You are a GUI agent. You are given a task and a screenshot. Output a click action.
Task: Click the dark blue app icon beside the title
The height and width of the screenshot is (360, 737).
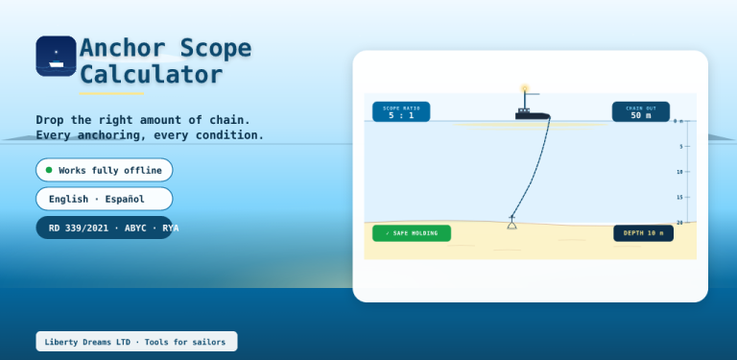pyautogui.click(x=56, y=56)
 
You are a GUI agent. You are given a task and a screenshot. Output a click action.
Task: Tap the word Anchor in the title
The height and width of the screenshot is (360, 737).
pyautogui.click(x=123, y=48)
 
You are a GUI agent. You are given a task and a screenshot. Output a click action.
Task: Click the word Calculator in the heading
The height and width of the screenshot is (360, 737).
pyautogui.click(x=151, y=75)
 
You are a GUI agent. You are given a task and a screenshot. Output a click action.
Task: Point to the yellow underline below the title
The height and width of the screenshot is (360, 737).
pyautogui.click(x=111, y=93)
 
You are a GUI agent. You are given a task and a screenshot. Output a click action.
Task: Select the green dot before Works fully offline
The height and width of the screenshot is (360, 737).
pyautogui.click(x=49, y=170)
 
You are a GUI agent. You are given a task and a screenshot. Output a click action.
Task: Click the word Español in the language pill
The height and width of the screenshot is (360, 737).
pyautogui.click(x=125, y=199)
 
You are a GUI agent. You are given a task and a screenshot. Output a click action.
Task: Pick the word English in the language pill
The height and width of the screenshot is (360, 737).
pyautogui.click(x=69, y=199)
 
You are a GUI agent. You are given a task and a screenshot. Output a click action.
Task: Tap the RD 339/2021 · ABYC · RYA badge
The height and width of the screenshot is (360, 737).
pyautogui.click(x=105, y=228)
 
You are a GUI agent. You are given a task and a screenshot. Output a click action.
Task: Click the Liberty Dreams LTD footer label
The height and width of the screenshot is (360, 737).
pyautogui.click(x=136, y=342)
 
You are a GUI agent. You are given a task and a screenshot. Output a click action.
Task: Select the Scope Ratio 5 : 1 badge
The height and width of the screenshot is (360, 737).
pyautogui.click(x=401, y=112)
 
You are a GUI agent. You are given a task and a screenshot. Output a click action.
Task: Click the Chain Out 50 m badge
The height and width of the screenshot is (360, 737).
pyautogui.click(x=641, y=112)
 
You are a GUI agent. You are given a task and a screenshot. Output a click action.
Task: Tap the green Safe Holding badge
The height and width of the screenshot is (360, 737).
pyautogui.click(x=412, y=233)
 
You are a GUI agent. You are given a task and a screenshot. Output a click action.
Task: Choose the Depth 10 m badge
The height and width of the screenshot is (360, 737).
pyautogui.click(x=643, y=233)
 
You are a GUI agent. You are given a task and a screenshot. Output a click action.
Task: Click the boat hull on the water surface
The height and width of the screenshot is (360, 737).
pyautogui.click(x=532, y=115)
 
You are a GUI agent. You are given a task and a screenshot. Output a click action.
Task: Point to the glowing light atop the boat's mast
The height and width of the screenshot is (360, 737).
pyautogui.click(x=525, y=88)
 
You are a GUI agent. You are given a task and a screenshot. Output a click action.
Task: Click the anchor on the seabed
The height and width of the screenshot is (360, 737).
pyautogui.click(x=511, y=222)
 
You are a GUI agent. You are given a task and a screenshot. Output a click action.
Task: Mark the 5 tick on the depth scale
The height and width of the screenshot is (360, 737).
pyautogui.click(x=684, y=147)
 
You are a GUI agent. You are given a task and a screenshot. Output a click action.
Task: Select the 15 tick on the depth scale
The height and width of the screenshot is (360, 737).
pyautogui.click(x=683, y=198)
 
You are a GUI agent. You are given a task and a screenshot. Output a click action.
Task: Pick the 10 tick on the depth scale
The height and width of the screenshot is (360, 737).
pyautogui.click(x=683, y=172)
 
